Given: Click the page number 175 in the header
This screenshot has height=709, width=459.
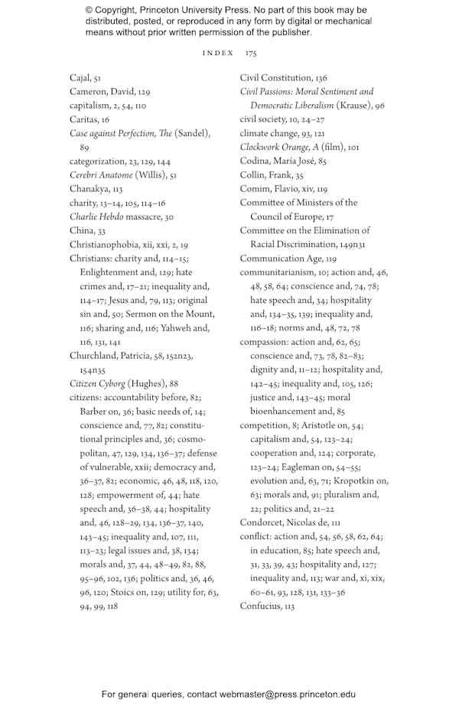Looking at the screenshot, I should click(251, 54).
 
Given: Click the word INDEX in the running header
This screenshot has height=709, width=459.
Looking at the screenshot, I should click(218, 54).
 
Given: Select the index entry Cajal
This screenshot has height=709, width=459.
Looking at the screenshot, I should click(80, 78).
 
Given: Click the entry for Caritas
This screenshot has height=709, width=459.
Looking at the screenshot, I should click(84, 119).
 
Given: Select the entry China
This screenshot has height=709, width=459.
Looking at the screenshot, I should click(81, 230).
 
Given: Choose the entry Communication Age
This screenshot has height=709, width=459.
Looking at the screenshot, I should click(281, 259).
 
